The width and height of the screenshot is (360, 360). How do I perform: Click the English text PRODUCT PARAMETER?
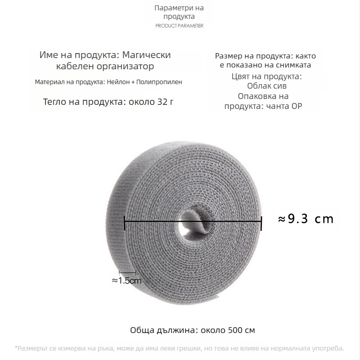(x=179, y=26)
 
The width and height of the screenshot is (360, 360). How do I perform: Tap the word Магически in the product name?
(x=150, y=54)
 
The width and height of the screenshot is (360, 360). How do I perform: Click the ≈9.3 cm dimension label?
(x=306, y=219)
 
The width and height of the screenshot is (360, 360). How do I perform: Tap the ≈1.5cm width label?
(x=126, y=280)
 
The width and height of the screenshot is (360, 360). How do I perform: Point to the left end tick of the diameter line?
(x=125, y=221)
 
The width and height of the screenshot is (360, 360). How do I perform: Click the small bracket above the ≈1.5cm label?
(x=127, y=272)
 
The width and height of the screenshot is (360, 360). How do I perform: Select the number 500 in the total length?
(x=233, y=330)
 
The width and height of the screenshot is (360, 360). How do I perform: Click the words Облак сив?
(x=267, y=86)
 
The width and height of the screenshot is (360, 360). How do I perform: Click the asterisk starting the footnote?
(x=17, y=347)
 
